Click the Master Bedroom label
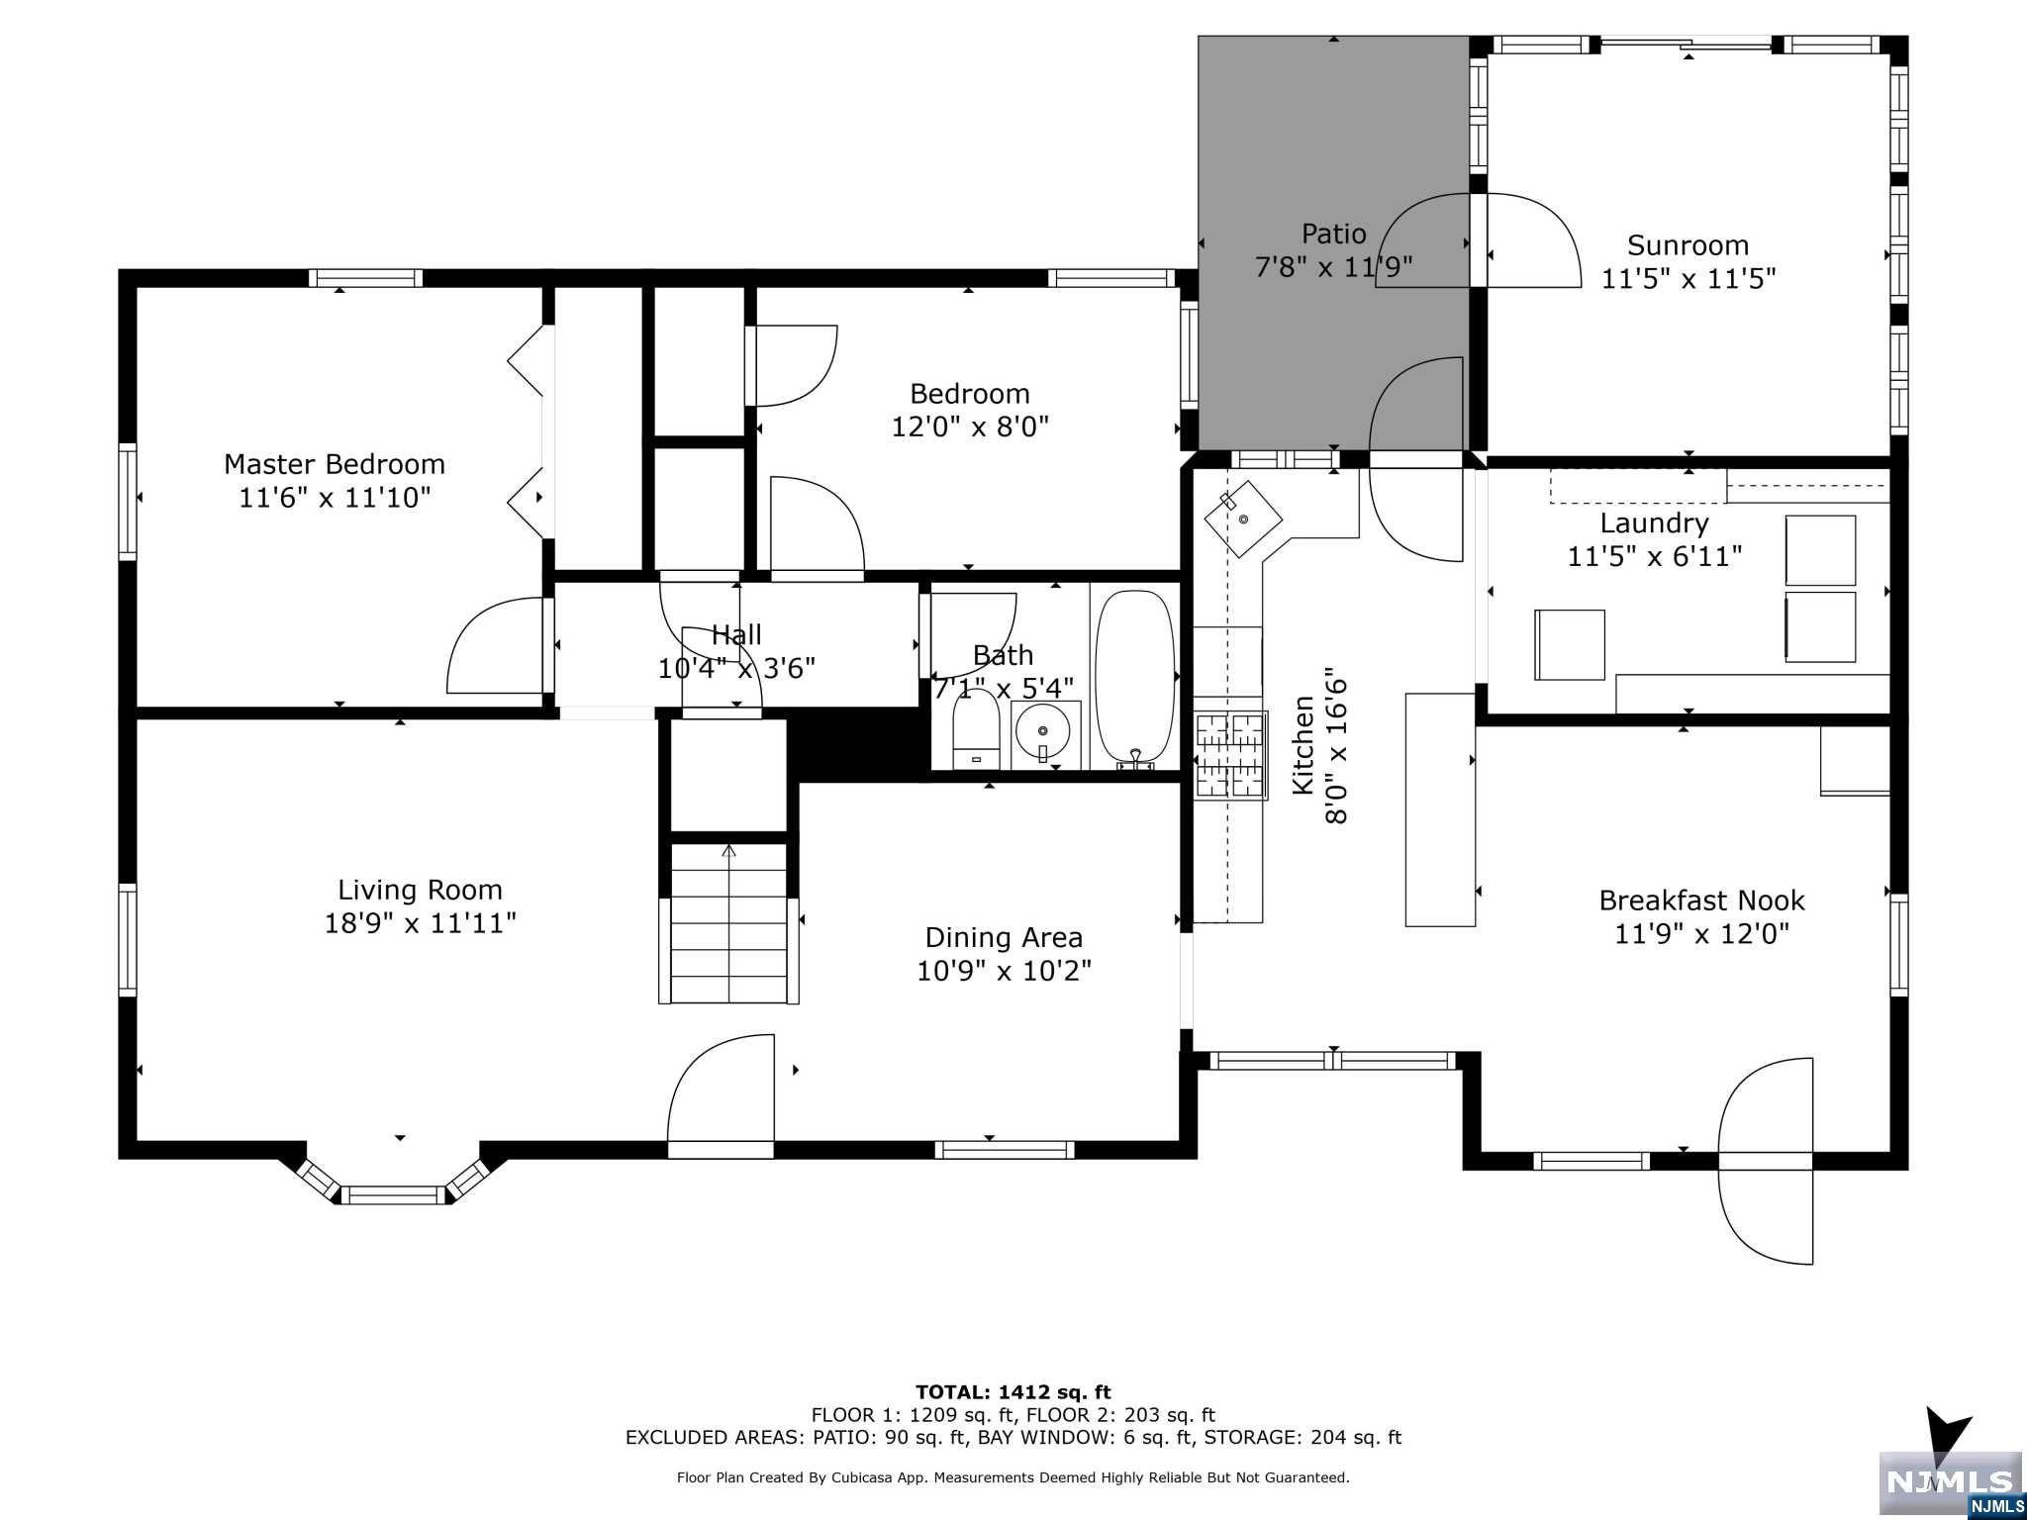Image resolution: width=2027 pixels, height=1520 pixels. (x=335, y=464)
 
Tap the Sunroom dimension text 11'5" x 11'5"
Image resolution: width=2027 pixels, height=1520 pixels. (x=1689, y=278)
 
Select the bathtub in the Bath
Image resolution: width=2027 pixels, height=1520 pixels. (x=1134, y=679)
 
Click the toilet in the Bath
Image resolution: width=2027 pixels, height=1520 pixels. (x=977, y=728)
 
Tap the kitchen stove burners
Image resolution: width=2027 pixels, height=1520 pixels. (x=1231, y=755)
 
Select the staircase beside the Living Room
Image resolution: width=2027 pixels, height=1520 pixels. (x=729, y=922)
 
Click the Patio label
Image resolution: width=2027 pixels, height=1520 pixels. (x=1333, y=234)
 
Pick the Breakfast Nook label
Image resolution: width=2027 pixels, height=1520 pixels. (x=1701, y=901)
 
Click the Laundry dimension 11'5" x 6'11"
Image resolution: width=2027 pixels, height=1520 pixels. (x=1654, y=556)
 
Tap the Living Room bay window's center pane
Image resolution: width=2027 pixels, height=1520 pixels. (x=393, y=1194)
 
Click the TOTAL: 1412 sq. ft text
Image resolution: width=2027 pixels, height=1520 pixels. (x=1013, y=1392)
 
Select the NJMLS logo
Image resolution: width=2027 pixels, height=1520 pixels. (x=1950, y=1483)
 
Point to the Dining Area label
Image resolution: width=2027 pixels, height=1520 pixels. (x=1004, y=937)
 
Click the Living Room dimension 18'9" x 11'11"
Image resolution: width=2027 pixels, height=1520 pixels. (x=421, y=923)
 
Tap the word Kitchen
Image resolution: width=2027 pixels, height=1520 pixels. (x=1303, y=745)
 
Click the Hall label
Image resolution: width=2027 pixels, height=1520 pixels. (x=736, y=635)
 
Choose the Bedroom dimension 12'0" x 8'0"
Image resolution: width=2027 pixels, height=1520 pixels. (x=970, y=427)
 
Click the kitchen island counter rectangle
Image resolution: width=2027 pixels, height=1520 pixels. (x=1440, y=810)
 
